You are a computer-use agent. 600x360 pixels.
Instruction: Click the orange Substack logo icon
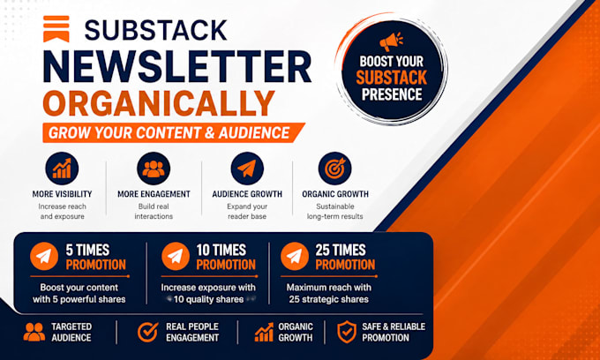coord(56,29)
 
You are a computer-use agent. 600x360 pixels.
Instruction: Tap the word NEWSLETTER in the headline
coord(176,66)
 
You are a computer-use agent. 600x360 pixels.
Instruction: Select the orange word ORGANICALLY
coord(159,104)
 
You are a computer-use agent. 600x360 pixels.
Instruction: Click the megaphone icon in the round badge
coord(391,41)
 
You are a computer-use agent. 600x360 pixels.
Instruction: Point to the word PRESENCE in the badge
coord(392,94)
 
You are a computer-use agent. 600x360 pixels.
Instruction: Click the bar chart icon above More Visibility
coord(62,169)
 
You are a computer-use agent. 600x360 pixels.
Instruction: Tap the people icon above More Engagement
coord(154,169)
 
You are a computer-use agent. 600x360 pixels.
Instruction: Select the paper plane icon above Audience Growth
coord(247,169)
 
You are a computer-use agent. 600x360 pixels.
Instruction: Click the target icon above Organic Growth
coord(334,169)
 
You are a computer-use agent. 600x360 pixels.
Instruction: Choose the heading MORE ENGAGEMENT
coord(154,194)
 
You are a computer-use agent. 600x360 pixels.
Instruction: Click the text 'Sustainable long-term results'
coord(334,212)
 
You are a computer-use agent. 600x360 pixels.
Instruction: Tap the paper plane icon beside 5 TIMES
coord(44,256)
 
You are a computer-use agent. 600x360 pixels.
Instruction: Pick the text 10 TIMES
coord(221,251)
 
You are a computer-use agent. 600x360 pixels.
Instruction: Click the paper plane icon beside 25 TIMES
coord(295,256)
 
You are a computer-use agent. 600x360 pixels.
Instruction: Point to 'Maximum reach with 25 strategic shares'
coord(329,294)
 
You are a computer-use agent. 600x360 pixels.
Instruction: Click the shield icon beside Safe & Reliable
coord(347,332)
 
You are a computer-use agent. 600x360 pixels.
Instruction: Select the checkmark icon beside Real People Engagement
coord(147,332)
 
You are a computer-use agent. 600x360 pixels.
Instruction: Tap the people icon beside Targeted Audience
coord(34,332)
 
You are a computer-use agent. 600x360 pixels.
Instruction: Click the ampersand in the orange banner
coord(210,133)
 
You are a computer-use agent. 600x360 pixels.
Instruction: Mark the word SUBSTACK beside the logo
coord(156,30)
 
